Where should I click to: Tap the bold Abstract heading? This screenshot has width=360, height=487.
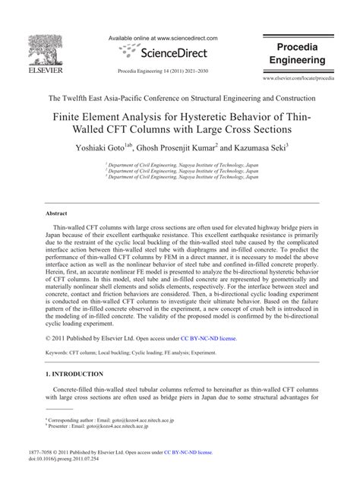click(x=59, y=214)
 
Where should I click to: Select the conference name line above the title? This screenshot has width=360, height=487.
click(x=179, y=98)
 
